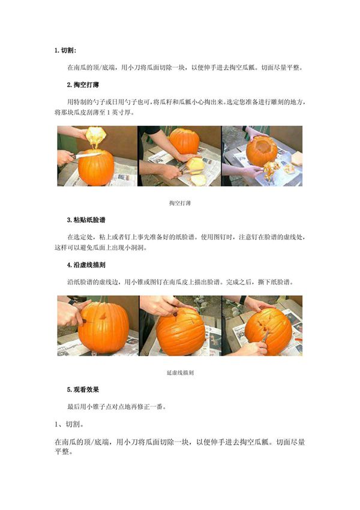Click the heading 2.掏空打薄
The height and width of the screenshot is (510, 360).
[85, 85]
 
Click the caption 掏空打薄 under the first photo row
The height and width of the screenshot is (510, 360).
[180, 203]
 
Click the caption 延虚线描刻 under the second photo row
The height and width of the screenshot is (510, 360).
[180, 373]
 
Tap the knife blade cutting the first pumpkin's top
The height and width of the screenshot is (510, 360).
[82, 157]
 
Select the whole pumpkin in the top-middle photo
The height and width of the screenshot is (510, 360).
[184, 142]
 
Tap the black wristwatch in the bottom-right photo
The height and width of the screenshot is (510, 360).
[243, 300]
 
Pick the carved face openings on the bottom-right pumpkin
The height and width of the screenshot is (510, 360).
[262, 328]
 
